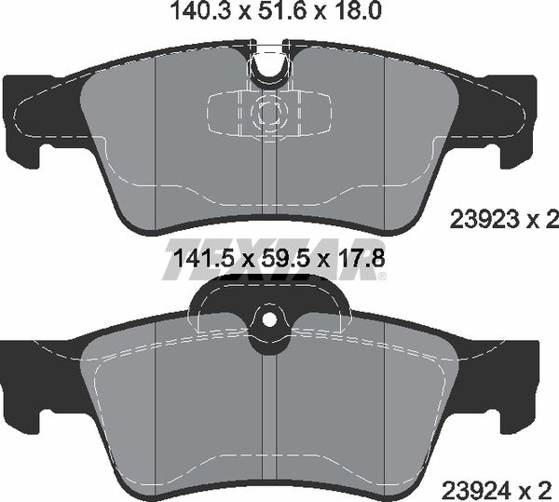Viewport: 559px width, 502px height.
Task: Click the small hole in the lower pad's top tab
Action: (269, 320)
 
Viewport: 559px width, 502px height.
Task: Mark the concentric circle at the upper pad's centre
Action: (269, 112)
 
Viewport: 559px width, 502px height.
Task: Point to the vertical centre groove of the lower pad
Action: (269, 410)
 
